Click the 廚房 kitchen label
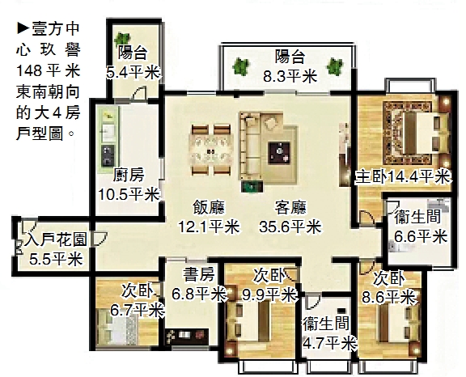(x=129, y=175)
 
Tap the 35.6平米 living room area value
(x=290, y=227)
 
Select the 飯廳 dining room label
(x=209, y=207)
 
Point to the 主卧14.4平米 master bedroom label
(x=403, y=177)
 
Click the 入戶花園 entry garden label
(x=56, y=239)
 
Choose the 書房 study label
(x=198, y=274)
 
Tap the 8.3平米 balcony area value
(x=290, y=76)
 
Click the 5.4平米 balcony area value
(x=133, y=73)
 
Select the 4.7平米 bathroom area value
(x=329, y=344)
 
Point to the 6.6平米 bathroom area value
(x=421, y=237)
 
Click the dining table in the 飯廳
(x=210, y=150)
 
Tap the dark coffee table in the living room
(x=279, y=153)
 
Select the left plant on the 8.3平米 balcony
(x=240, y=66)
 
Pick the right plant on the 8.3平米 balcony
(x=335, y=66)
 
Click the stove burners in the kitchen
(x=108, y=155)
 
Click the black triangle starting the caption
(x=23, y=29)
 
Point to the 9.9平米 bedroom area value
(x=269, y=295)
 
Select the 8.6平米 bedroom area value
(x=388, y=297)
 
